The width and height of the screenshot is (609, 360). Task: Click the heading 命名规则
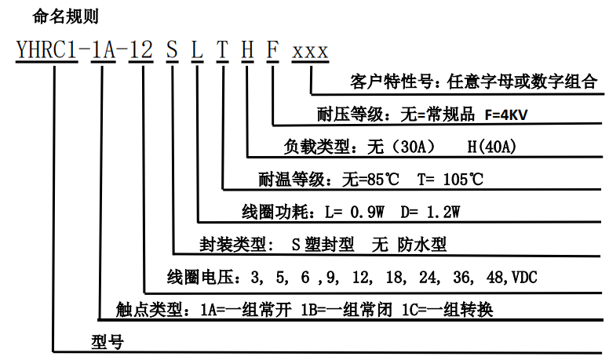[66, 16]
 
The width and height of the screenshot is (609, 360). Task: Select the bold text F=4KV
[501, 115]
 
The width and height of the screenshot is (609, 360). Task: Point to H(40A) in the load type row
[488, 147]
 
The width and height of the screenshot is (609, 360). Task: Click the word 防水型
[427, 244]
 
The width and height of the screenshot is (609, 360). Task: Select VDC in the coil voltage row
[523, 277]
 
